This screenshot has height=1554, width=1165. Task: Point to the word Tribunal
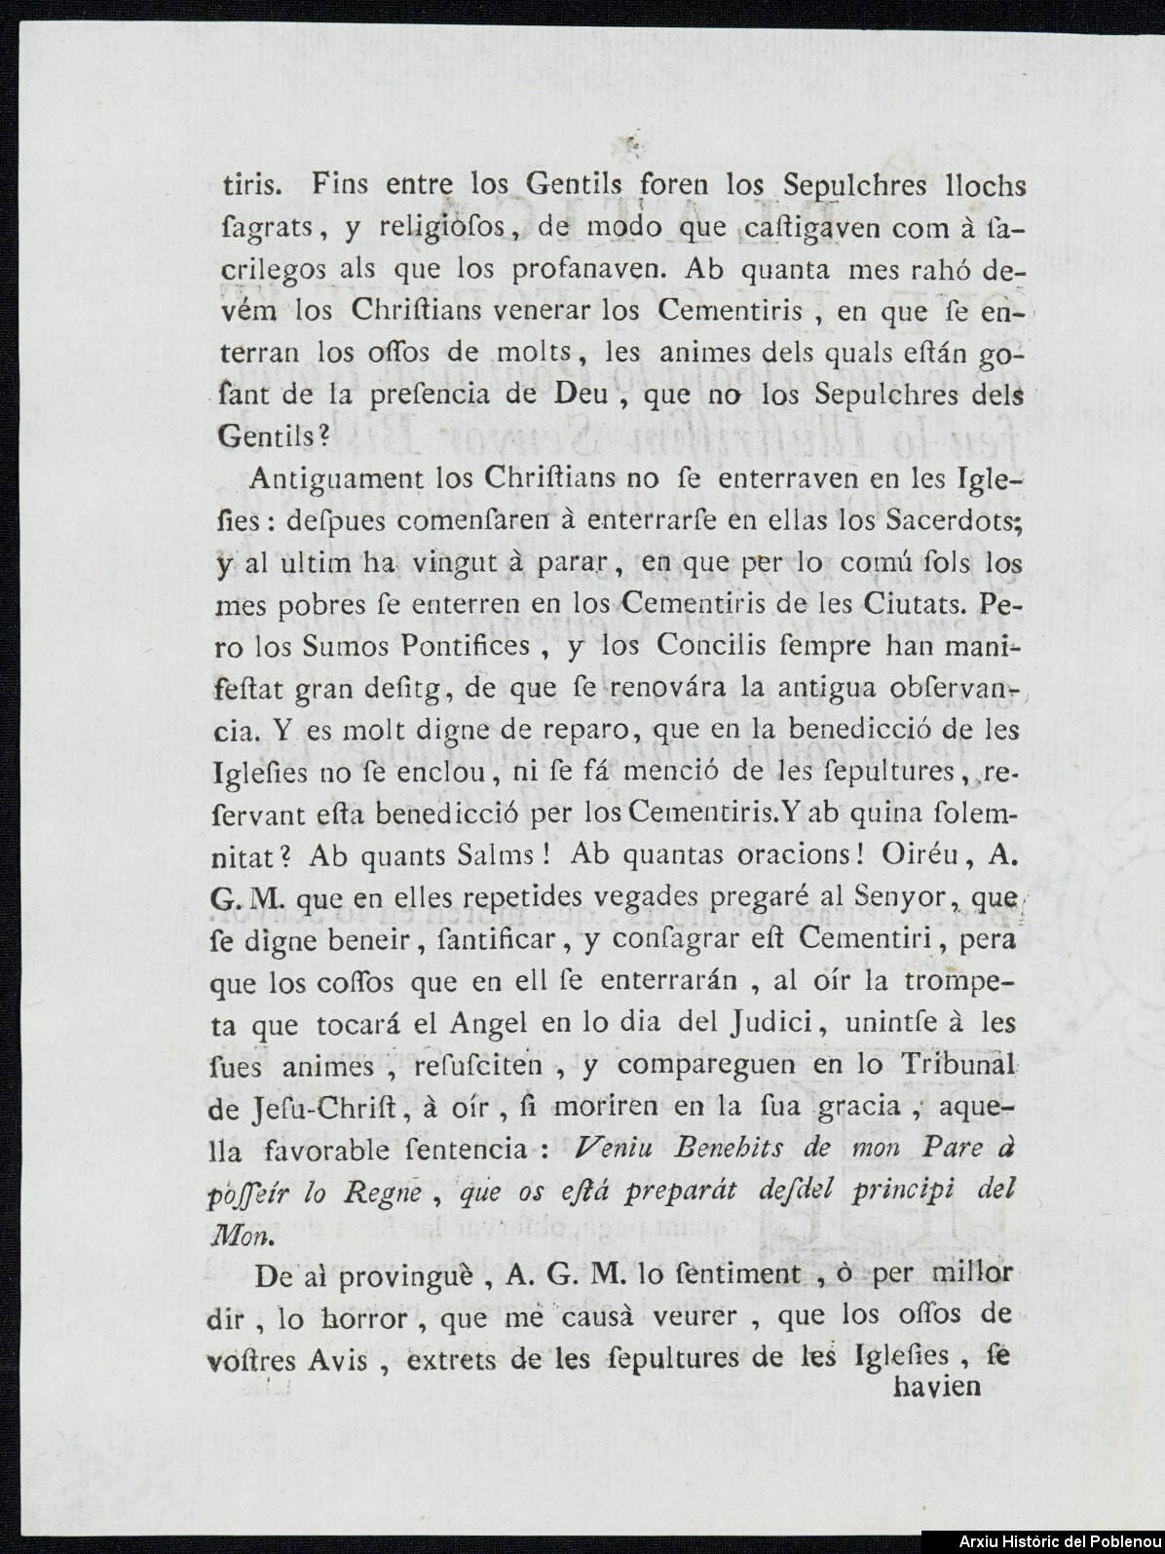click(x=940, y=1067)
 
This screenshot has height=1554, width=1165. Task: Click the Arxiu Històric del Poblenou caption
click(x=1060, y=1540)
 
